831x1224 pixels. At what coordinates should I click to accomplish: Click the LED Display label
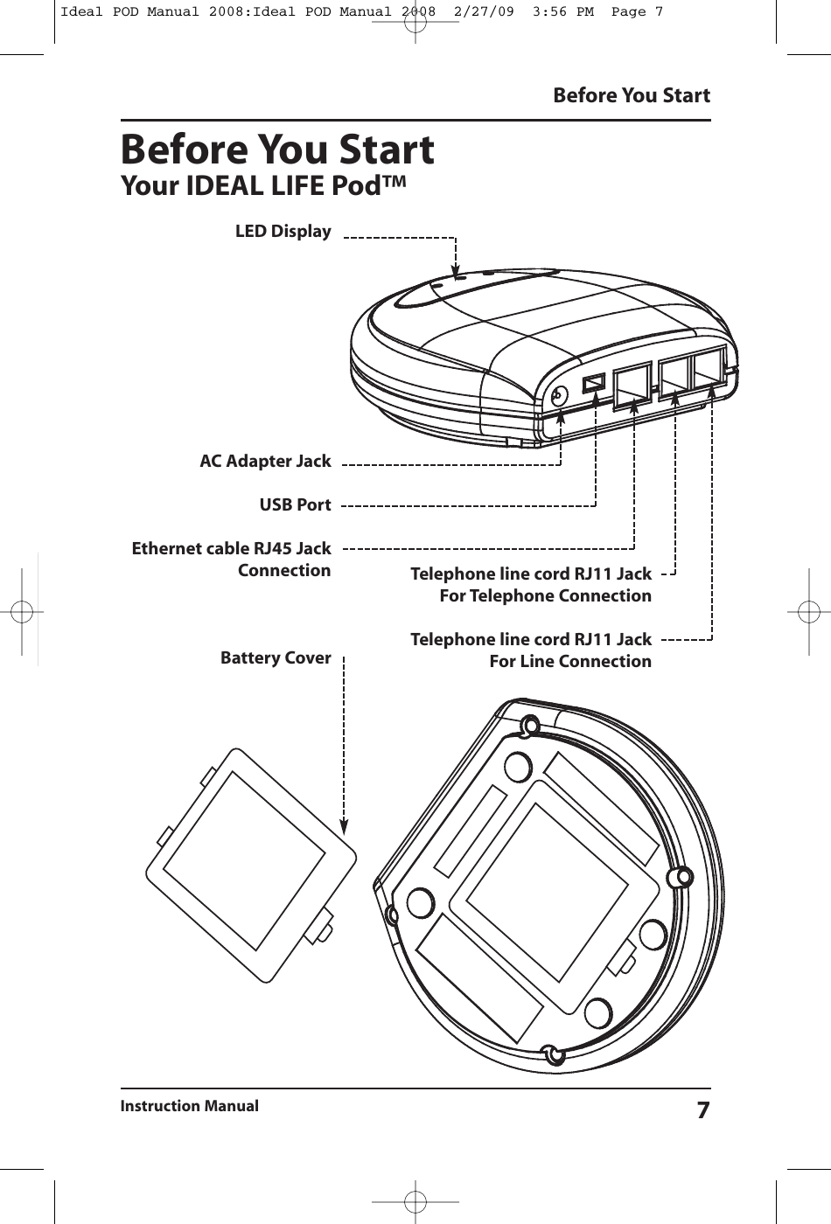click(x=283, y=232)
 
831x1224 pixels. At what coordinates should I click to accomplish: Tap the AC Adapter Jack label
click(x=265, y=461)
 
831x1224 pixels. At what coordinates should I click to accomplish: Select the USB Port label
click(x=295, y=505)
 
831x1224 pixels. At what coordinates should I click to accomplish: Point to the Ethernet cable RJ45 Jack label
click(x=231, y=549)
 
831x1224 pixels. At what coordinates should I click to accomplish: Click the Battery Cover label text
click(x=276, y=657)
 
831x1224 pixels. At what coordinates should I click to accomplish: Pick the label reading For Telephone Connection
click(x=545, y=596)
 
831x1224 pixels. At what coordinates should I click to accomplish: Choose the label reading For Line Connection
click(x=569, y=662)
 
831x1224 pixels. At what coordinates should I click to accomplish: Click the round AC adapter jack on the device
click(x=558, y=395)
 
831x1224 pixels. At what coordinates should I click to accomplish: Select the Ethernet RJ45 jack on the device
click(x=632, y=384)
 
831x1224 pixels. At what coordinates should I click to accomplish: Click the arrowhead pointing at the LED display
click(x=455, y=271)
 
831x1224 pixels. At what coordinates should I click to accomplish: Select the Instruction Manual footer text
click(x=190, y=1106)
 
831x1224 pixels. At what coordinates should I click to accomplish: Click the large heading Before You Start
click(x=276, y=150)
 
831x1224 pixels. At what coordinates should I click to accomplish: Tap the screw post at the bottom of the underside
click(x=552, y=1054)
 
